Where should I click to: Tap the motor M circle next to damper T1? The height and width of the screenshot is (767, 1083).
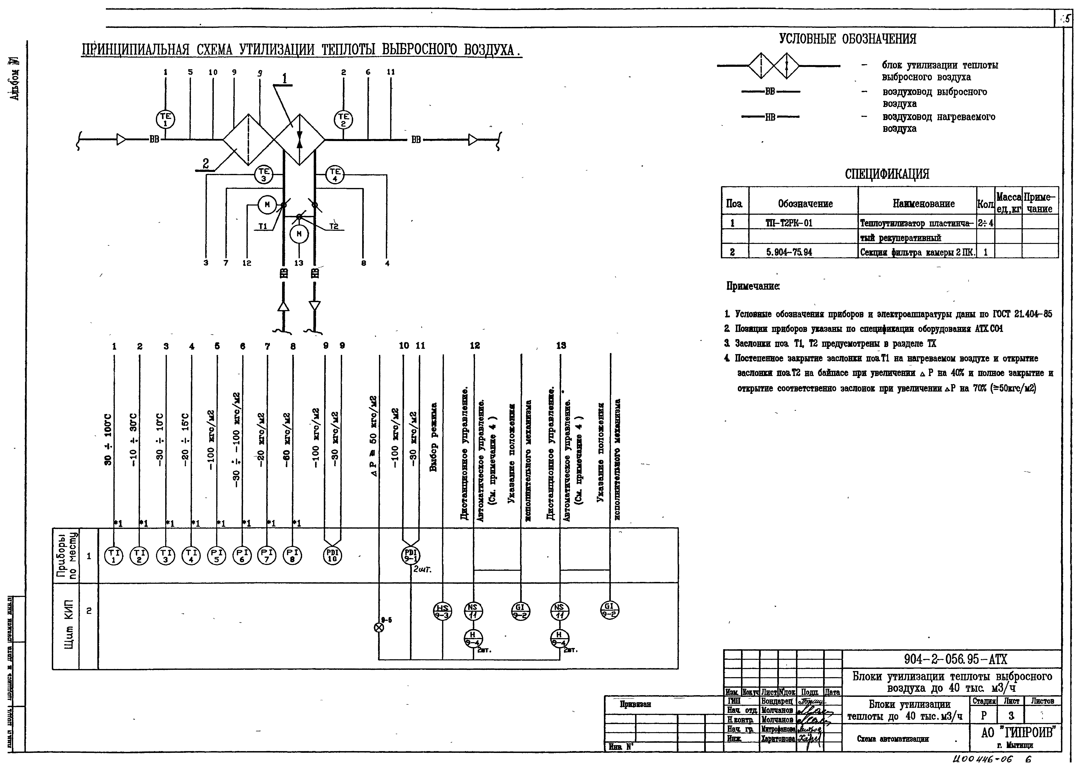(x=267, y=204)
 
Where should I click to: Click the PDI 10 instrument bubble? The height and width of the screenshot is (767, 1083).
(x=333, y=555)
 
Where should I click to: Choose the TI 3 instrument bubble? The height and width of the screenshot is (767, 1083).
(x=165, y=555)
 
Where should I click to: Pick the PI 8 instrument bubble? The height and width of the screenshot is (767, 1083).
(x=292, y=555)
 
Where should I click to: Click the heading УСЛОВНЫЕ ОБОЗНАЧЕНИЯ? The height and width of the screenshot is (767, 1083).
(x=848, y=39)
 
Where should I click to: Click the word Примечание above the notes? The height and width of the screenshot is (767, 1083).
(x=753, y=286)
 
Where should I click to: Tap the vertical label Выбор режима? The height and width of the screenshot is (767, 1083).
(x=434, y=437)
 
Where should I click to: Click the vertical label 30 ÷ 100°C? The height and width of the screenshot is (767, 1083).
(x=108, y=439)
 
